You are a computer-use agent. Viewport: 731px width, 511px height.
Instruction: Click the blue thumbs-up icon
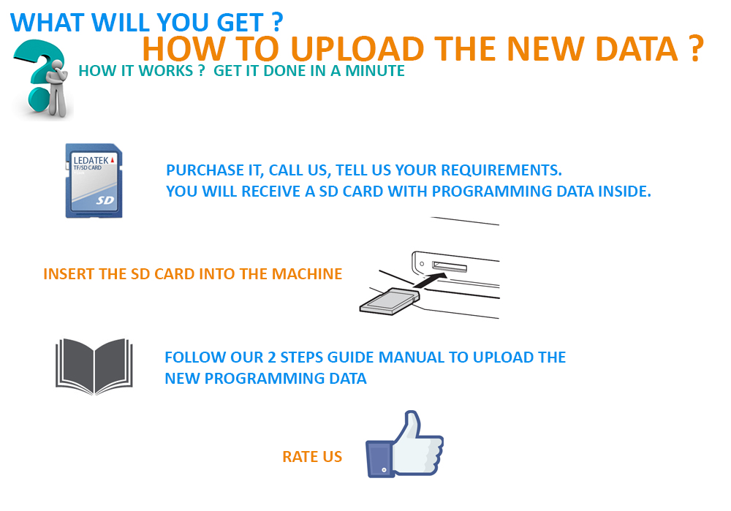pyautogui.click(x=405, y=445)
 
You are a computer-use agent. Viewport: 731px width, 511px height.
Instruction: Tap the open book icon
pyautogui.click(x=94, y=366)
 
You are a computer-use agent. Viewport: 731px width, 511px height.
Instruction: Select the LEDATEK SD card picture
pyautogui.click(x=94, y=181)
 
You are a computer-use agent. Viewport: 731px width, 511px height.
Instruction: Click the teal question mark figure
pyautogui.click(x=42, y=78)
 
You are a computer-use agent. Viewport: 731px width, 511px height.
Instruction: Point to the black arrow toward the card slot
pyautogui.click(x=430, y=280)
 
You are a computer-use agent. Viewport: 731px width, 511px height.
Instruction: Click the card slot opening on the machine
pyautogui.click(x=450, y=266)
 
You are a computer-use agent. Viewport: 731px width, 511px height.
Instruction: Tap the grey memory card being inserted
pyautogui.click(x=390, y=301)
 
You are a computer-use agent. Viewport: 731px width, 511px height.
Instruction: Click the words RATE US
pyautogui.click(x=312, y=456)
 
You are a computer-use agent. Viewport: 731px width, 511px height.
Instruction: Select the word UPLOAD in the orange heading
pyautogui.click(x=357, y=49)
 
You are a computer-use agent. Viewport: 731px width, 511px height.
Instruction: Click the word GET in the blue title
pyautogui.click(x=240, y=23)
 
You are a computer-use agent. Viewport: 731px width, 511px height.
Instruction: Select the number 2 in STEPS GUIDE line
pyautogui.click(x=272, y=357)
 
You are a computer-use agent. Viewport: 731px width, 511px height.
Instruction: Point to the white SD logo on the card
pyautogui.click(x=105, y=200)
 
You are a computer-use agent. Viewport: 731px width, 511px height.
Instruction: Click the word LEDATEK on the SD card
pyautogui.click(x=91, y=160)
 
